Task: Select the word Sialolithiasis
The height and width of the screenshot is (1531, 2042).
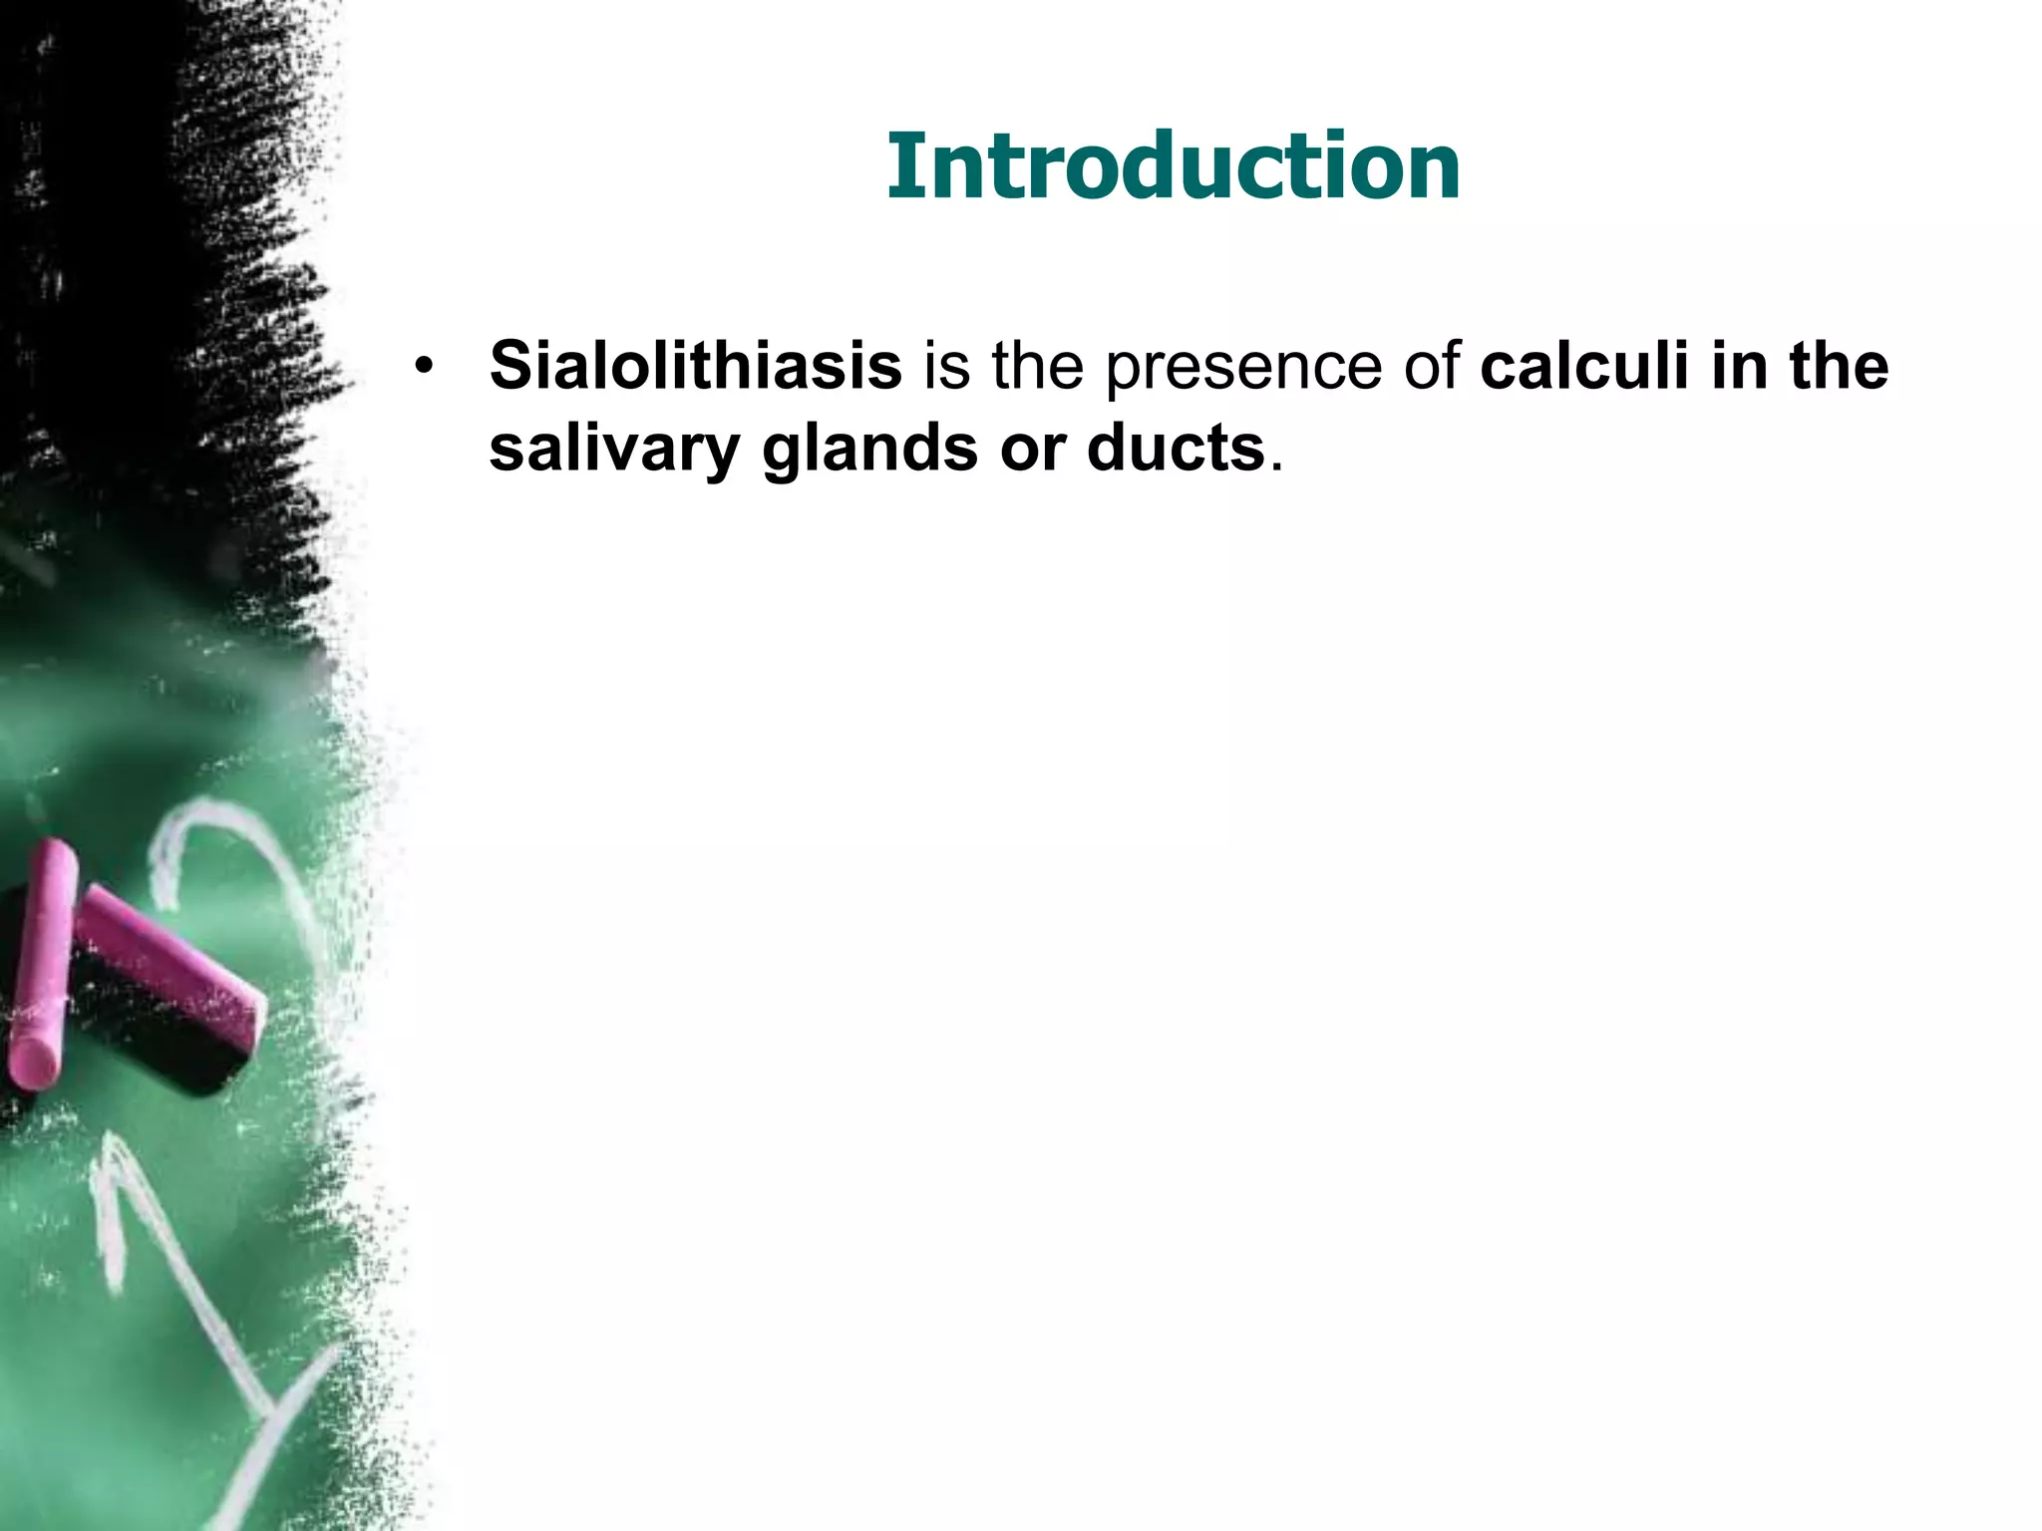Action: [695, 365]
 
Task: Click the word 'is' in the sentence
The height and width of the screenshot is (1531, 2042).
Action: [946, 365]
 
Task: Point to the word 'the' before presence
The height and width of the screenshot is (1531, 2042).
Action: [1037, 365]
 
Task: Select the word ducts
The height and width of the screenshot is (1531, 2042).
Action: [1176, 449]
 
